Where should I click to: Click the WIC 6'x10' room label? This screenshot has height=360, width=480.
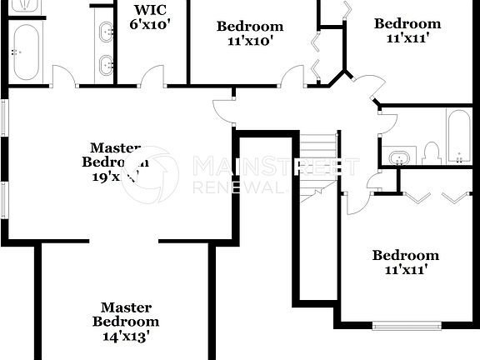pyautogui.click(x=150, y=17)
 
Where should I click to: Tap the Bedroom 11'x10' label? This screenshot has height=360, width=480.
pyautogui.click(x=249, y=32)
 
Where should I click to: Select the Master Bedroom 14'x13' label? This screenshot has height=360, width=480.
pyautogui.click(x=125, y=322)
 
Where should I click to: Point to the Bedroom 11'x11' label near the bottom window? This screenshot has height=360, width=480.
pyautogui.click(x=405, y=262)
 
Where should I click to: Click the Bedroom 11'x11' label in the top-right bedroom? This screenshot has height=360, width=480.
pyautogui.click(x=407, y=30)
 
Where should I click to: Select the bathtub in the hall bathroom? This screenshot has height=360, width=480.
pyautogui.click(x=458, y=136)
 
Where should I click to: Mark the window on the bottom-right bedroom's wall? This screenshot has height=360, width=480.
pyautogui.click(x=407, y=326)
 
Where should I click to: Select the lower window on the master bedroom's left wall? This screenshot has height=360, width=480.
pyautogui.click(x=3, y=205)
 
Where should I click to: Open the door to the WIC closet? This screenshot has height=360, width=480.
pyautogui.click(x=152, y=77)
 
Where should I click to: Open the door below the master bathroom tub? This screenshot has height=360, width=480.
pyautogui.click(x=63, y=77)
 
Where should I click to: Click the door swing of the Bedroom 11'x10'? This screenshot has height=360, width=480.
pyautogui.click(x=292, y=77)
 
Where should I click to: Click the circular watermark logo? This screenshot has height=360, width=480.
pyautogui.click(x=150, y=175)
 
